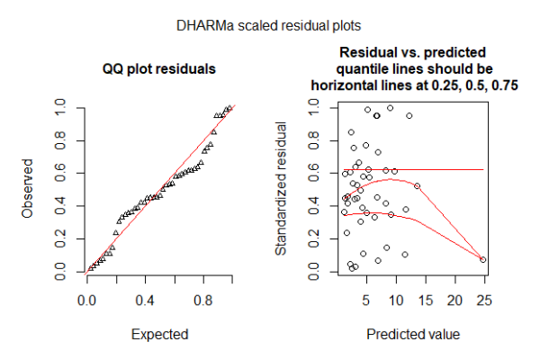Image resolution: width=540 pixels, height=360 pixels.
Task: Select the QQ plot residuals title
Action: (x=159, y=68)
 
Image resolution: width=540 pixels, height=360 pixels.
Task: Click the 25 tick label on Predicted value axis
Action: (x=483, y=298)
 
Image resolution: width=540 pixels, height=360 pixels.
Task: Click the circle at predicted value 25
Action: (x=483, y=259)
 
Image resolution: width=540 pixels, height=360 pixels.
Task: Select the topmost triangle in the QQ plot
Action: (x=230, y=107)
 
